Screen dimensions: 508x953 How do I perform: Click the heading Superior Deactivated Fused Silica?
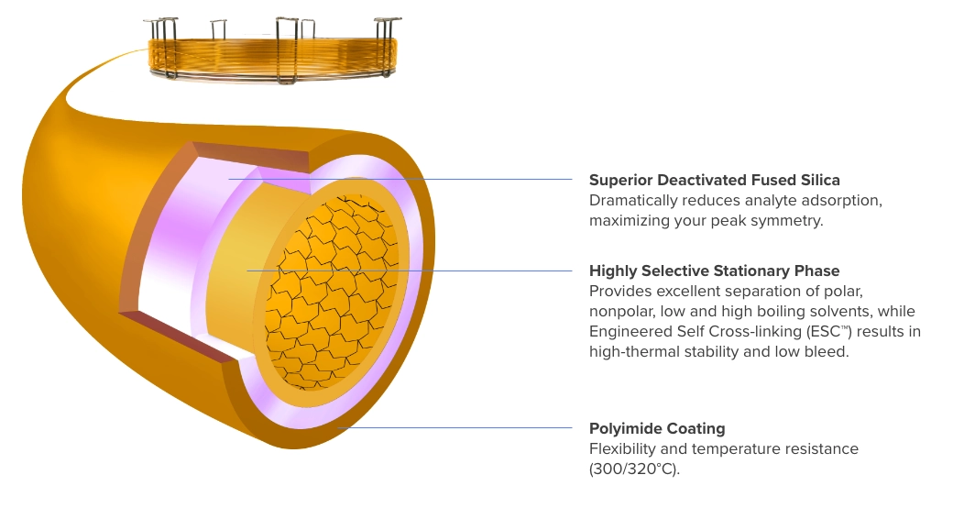tap(714, 180)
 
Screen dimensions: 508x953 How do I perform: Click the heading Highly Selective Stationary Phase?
tap(714, 271)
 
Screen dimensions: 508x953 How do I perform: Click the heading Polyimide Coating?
tap(657, 428)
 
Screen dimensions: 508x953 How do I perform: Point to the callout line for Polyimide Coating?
tap(458, 427)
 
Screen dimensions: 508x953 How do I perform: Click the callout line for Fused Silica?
tap(403, 179)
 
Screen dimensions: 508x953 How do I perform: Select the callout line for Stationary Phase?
tap(412, 271)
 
